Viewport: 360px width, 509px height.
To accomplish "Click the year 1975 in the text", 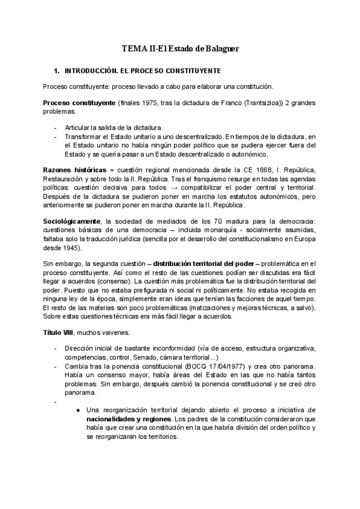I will tap(151, 103).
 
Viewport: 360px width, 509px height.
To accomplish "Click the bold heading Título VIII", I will tap(58, 332).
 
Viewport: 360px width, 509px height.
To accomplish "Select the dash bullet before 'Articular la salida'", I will tap(56, 128).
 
